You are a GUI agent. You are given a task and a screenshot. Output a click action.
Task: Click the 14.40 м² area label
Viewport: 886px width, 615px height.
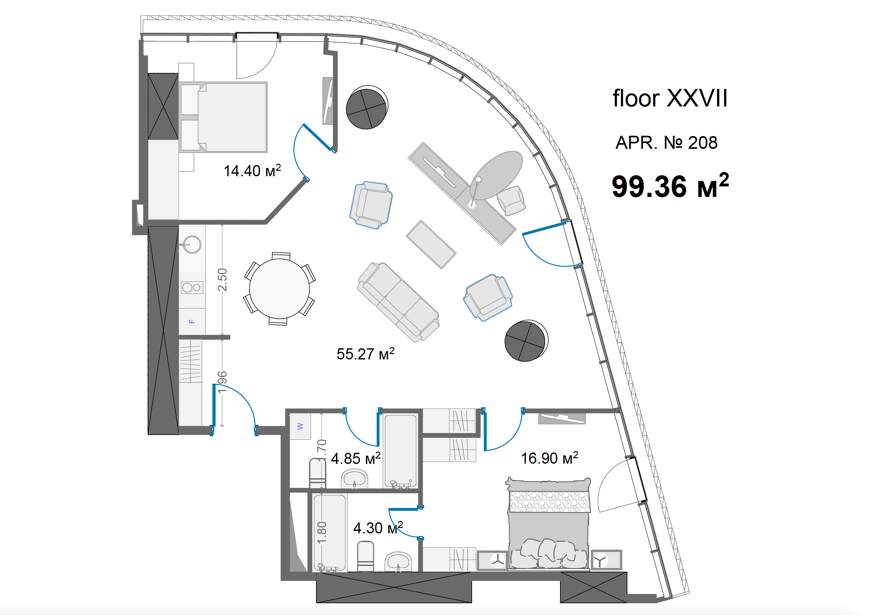click(x=252, y=170)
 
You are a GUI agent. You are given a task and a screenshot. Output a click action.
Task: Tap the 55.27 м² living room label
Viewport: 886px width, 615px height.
click(x=365, y=353)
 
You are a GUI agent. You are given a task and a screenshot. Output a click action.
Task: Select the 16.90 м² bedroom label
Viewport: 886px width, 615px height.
click(x=549, y=458)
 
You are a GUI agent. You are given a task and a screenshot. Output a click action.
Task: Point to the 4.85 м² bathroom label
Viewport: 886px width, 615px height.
click(x=356, y=458)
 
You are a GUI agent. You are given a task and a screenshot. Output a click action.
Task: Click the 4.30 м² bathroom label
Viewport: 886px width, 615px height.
click(x=378, y=527)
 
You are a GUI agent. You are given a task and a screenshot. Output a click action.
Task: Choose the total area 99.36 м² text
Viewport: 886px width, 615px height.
click(x=670, y=186)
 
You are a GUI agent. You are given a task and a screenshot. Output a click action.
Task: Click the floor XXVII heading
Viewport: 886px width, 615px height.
click(x=670, y=98)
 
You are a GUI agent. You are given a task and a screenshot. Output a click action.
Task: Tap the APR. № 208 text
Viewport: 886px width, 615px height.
click(x=666, y=142)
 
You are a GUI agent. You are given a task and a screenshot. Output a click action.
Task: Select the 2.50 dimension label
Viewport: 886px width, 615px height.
click(x=222, y=279)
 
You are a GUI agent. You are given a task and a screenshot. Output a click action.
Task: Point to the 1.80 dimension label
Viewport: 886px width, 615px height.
click(x=322, y=532)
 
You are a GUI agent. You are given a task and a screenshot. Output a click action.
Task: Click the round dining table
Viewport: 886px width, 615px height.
click(x=279, y=289)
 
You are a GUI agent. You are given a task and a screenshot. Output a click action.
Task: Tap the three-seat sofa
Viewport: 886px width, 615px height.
click(x=398, y=302)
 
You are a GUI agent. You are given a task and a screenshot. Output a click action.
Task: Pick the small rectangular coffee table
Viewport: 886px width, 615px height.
click(x=431, y=244)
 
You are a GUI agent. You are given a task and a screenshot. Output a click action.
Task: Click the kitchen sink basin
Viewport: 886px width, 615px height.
click(x=192, y=244)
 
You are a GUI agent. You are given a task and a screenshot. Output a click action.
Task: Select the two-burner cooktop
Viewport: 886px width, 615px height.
click(x=192, y=287)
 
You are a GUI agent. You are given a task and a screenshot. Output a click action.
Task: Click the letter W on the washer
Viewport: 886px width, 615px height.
click(x=300, y=426)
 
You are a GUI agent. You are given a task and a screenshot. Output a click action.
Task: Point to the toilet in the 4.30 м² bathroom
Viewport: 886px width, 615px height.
click(x=365, y=556)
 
